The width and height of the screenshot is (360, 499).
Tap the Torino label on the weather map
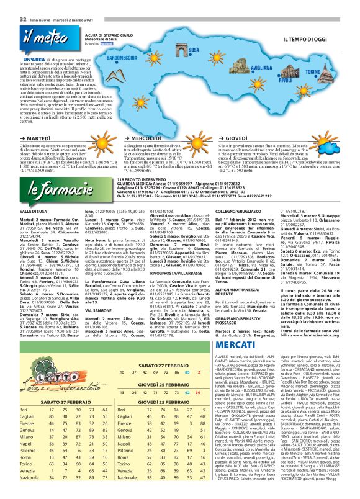point(330,72)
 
